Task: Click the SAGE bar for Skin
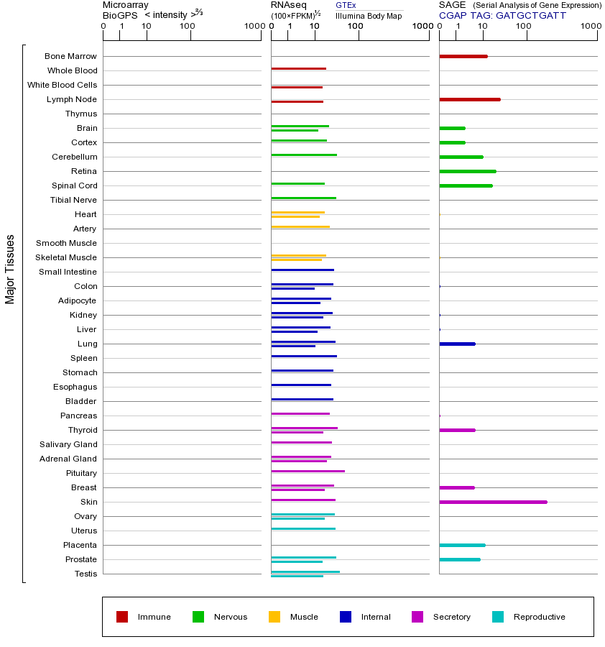click(x=493, y=502)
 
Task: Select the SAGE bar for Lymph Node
click(x=469, y=99)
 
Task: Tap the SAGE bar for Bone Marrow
click(x=463, y=56)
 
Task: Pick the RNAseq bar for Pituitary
click(x=308, y=471)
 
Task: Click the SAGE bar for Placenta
click(x=462, y=545)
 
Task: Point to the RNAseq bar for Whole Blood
click(x=298, y=68)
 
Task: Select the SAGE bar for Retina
click(x=467, y=171)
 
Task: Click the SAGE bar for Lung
click(x=457, y=344)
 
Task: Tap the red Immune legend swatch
click(x=122, y=617)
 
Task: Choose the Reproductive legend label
click(x=539, y=617)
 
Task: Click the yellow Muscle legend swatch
click(x=274, y=617)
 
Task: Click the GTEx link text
click(x=346, y=6)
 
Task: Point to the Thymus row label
click(x=81, y=114)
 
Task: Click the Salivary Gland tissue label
click(x=69, y=444)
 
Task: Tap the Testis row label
click(x=86, y=574)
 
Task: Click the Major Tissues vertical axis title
click(x=10, y=269)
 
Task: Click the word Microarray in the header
click(x=126, y=5)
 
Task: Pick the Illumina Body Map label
click(x=369, y=15)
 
